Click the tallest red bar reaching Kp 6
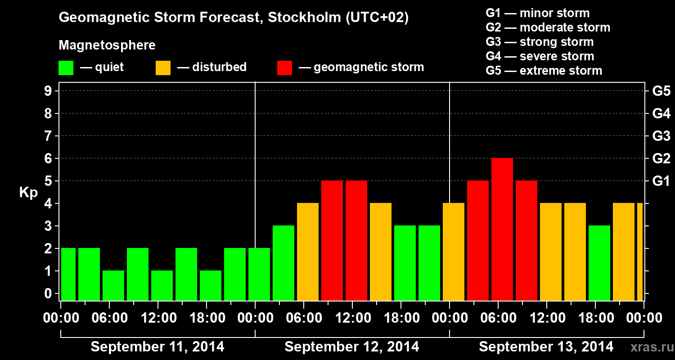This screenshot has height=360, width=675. click(x=502, y=229)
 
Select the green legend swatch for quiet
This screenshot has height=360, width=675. click(x=66, y=68)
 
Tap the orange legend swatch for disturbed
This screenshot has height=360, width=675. click(x=163, y=68)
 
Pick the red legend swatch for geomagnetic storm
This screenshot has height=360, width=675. click(x=284, y=68)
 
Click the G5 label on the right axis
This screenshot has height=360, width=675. click(x=661, y=91)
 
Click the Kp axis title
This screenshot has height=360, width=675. click(x=28, y=193)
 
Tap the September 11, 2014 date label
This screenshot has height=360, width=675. click(x=157, y=347)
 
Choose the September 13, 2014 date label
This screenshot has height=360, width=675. click(x=546, y=347)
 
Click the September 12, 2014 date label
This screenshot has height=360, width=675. click(x=352, y=347)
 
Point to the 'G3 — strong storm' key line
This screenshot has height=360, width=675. click(x=540, y=42)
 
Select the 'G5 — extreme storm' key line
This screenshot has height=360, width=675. click(x=544, y=71)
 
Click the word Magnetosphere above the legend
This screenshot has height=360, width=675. click(x=107, y=45)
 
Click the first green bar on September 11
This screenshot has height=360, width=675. click(x=68, y=274)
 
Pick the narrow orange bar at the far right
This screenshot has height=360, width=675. click(x=640, y=252)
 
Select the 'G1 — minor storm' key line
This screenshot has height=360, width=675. click(x=537, y=13)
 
